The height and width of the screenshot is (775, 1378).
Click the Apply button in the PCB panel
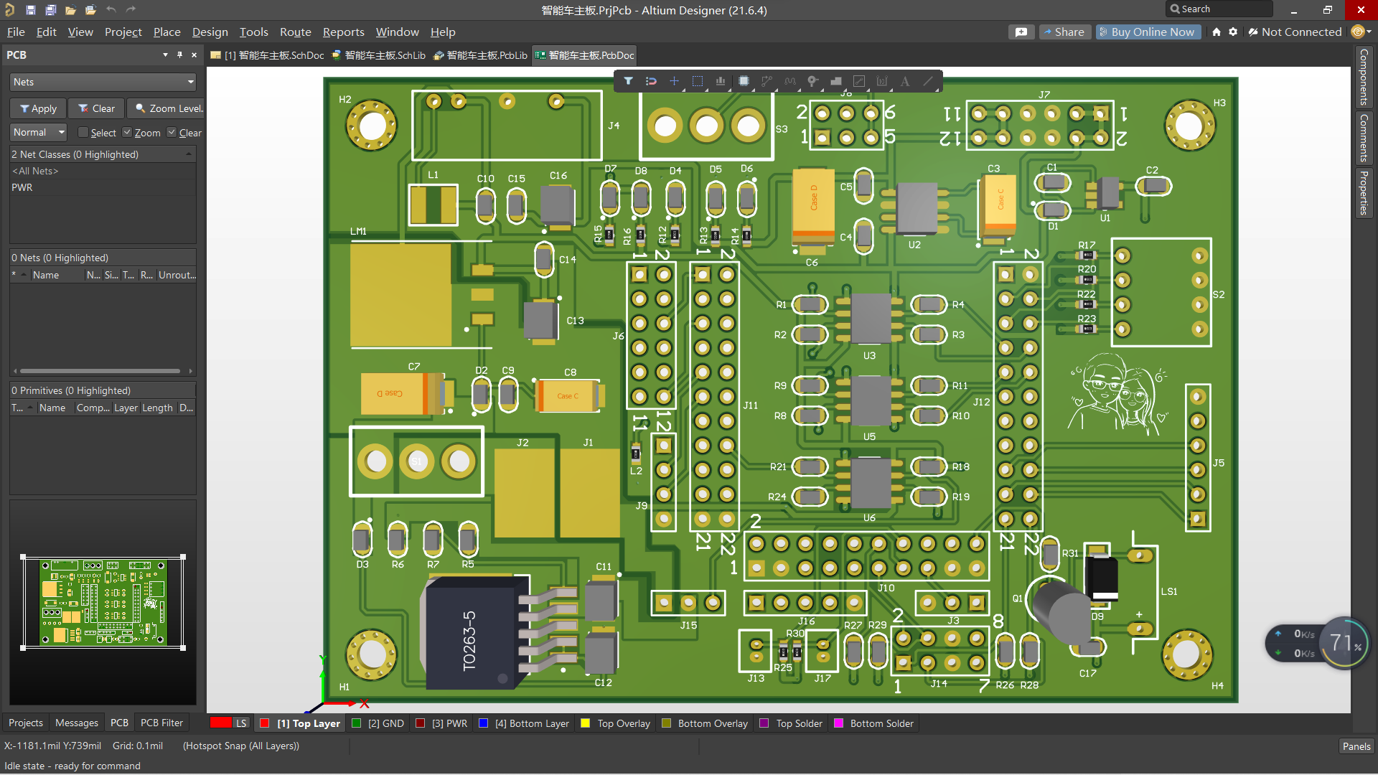(38, 108)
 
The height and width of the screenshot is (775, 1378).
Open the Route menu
(295, 32)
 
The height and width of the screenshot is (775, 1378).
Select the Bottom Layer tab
(531, 723)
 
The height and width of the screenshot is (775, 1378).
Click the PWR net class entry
(22, 187)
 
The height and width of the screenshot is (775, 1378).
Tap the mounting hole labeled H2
(372, 126)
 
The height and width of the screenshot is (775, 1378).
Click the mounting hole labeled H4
(1186, 654)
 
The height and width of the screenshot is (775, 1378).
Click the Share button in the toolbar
(1064, 32)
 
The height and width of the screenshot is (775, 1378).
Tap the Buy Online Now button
(1148, 32)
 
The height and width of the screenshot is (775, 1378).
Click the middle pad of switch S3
(706, 126)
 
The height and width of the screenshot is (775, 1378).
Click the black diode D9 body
(1102, 577)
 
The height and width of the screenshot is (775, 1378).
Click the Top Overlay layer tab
(622, 723)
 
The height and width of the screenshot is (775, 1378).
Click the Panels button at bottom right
(1356, 746)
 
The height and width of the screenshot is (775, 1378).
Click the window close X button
(1361, 10)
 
